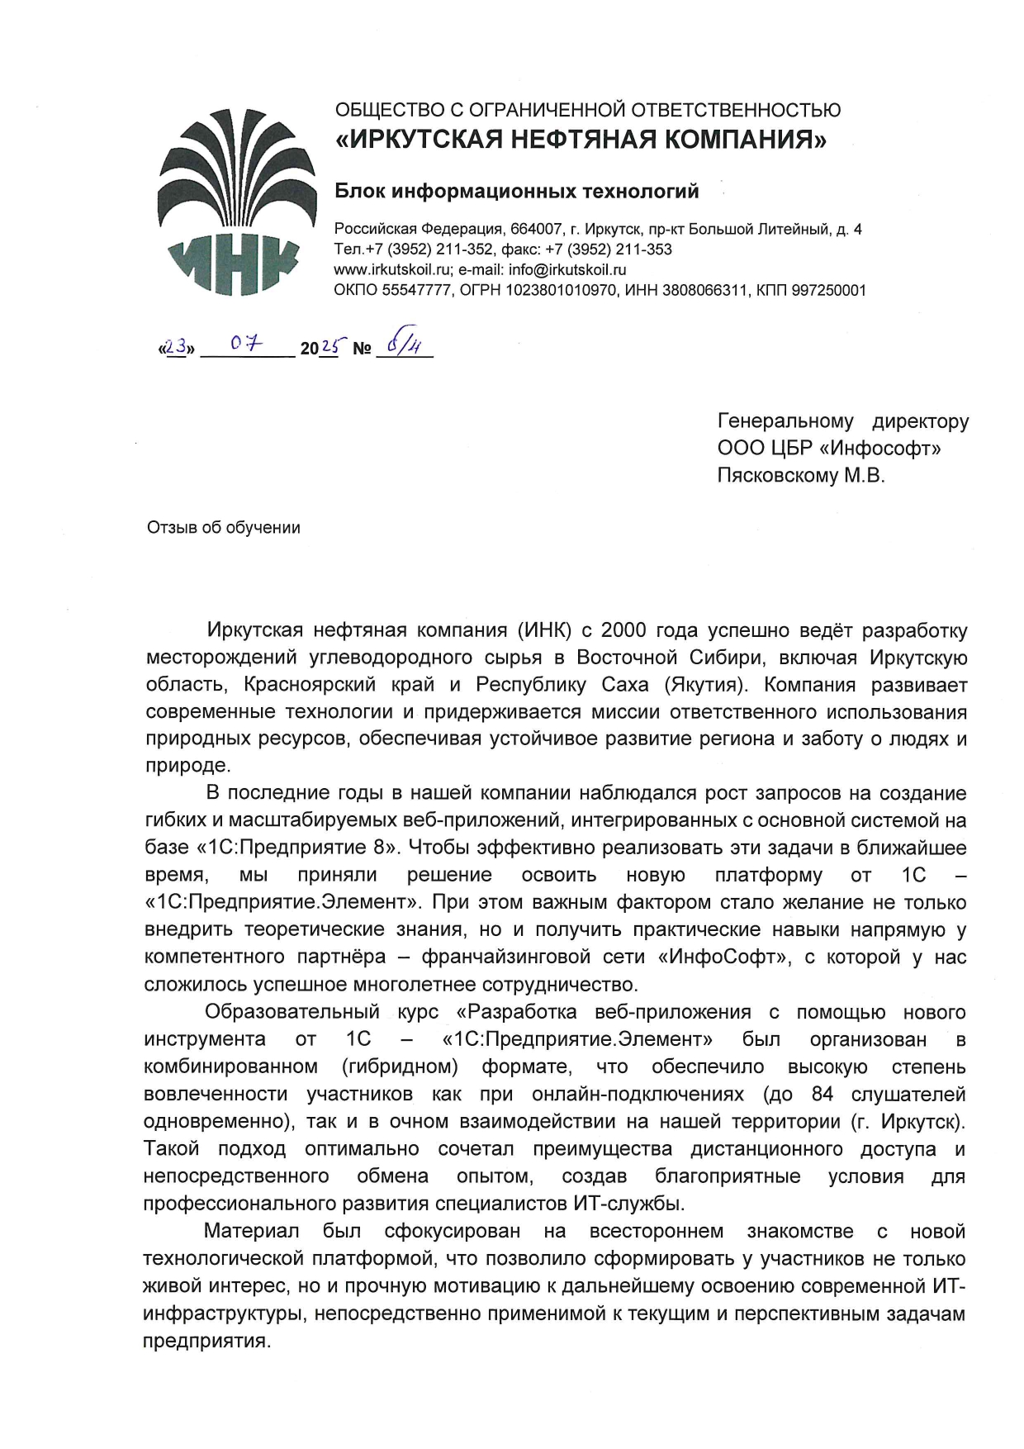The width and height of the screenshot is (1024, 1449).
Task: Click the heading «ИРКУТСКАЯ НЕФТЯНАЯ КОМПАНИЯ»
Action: click(x=580, y=140)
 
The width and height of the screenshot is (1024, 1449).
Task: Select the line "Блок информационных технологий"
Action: click(x=516, y=192)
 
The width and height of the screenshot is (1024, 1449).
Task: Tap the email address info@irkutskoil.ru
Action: click(x=567, y=269)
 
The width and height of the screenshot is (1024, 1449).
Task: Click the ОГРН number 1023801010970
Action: click(x=562, y=290)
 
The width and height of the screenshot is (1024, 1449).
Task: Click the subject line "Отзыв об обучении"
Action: click(x=223, y=527)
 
